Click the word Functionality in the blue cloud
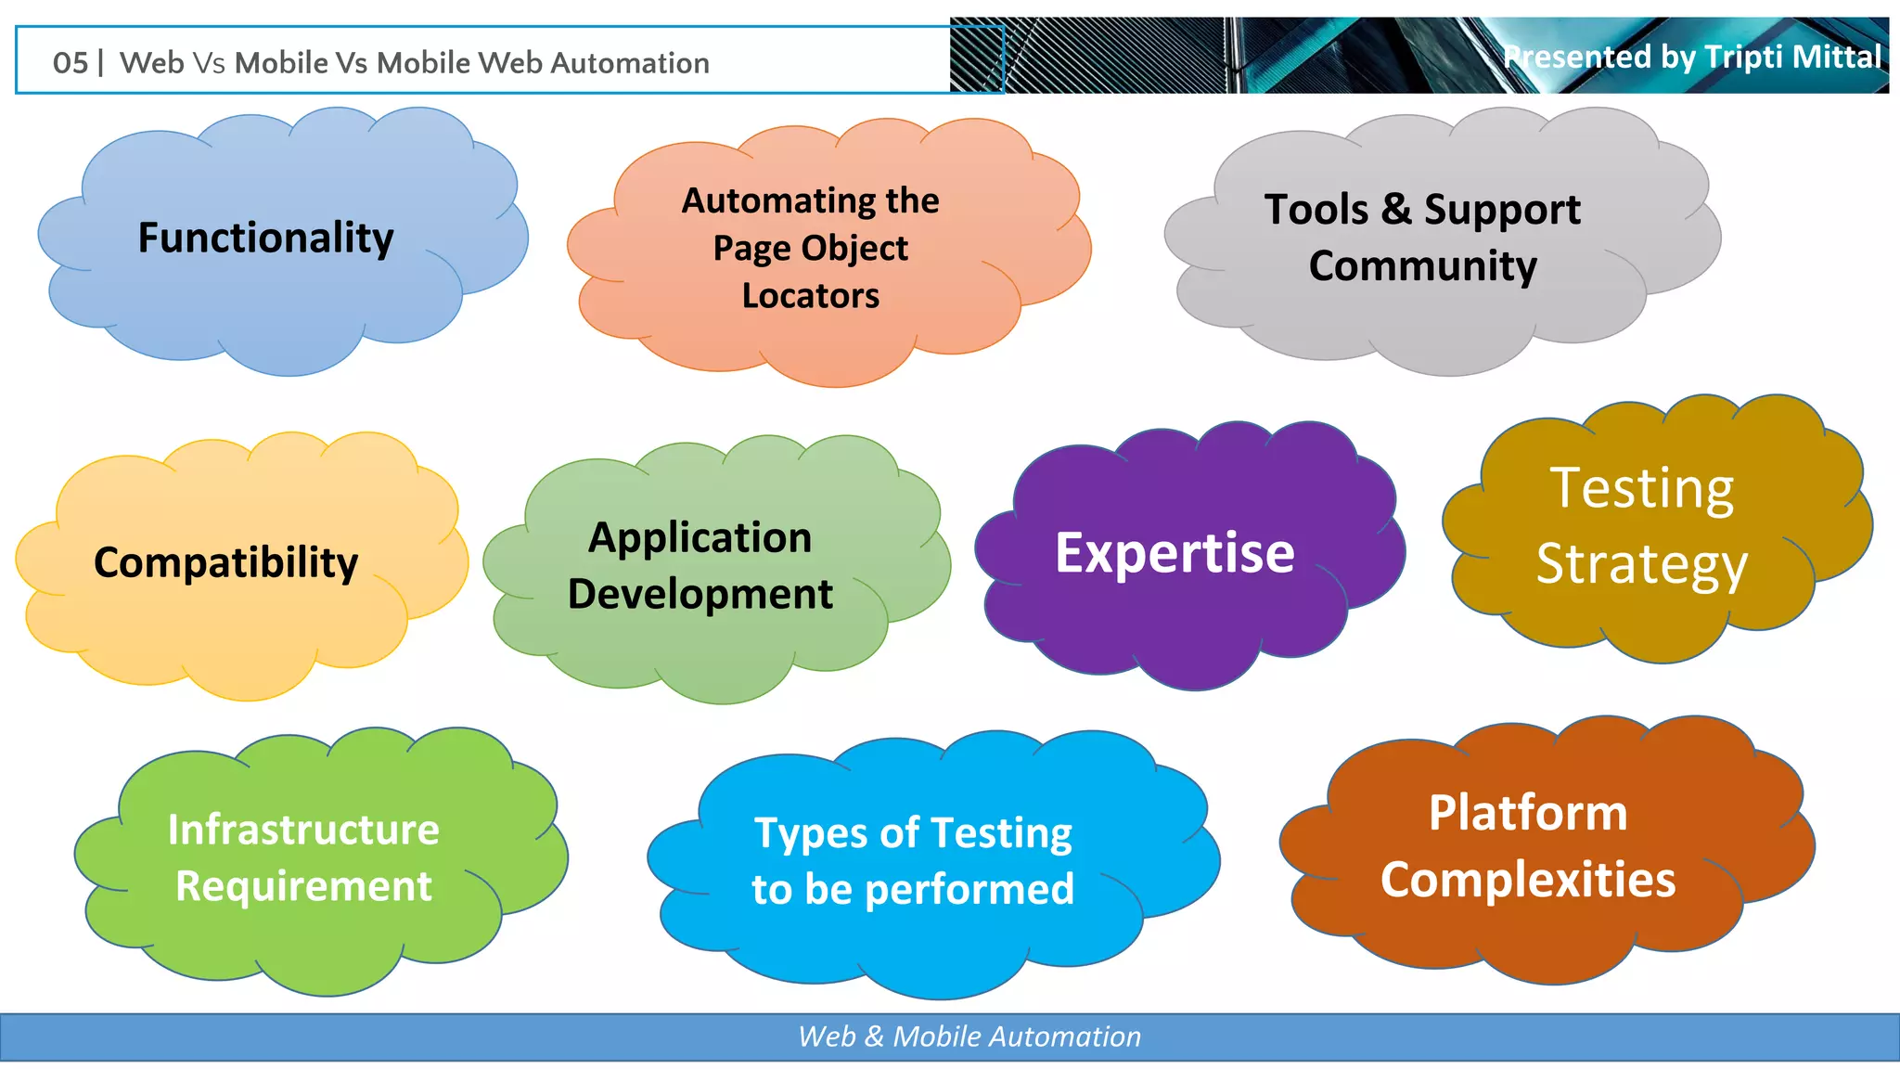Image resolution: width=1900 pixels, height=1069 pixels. [x=265, y=238]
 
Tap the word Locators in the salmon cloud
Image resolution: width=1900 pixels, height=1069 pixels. [x=810, y=296]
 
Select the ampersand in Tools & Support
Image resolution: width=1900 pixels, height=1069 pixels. [x=1395, y=210]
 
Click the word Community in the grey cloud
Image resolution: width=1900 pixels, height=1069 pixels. [x=1422, y=266]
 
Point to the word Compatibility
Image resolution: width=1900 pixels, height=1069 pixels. [x=225, y=563]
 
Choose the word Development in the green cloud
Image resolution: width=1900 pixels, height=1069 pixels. [x=700, y=595]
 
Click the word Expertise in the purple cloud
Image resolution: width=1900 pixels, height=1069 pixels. [x=1175, y=553]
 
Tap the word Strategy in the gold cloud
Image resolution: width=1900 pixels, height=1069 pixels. [x=1641, y=564]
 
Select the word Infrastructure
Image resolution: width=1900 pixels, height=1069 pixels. [x=303, y=830]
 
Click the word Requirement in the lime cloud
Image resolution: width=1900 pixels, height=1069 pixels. [x=303, y=886]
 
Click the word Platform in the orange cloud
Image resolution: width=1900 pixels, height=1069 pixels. [x=1528, y=813]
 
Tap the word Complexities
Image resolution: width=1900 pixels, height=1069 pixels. [x=1528, y=880]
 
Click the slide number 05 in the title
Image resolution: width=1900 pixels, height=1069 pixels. [x=71, y=63]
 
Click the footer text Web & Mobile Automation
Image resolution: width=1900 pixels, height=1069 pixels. [x=969, y=1037]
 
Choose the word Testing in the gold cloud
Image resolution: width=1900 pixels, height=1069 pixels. [x=1641, y=488]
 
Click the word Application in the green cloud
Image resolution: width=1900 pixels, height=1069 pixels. [x=700, y=538]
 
